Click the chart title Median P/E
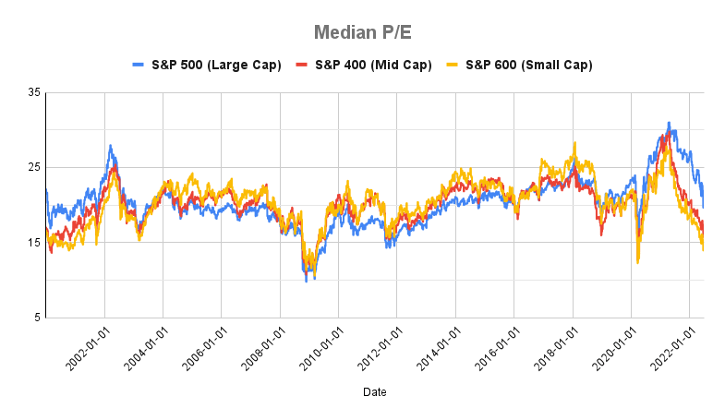(362, 32)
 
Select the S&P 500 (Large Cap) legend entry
(209, 65)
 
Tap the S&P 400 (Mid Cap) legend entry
(363, 65)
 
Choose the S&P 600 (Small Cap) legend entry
(520, 65)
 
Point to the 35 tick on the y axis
(34, 92)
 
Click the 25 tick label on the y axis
(34, 167)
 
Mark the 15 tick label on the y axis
(34, 243)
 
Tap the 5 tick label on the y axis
(37, 318)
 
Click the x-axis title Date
(374, 392)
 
